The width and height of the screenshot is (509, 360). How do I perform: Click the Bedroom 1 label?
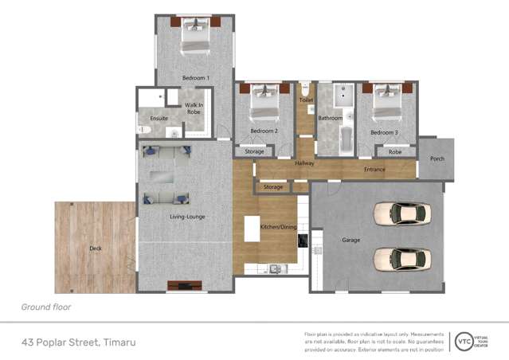coord(195,78)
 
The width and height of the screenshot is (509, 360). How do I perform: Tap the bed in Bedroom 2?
coord(264,103)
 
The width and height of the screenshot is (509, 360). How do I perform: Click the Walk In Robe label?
coord(194,109)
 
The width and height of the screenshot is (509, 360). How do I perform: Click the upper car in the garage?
coord(402,213)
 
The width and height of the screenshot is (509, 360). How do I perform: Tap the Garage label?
coord(350,240)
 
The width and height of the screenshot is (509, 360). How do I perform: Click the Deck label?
coord(96,248)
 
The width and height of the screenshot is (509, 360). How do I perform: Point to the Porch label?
coord(437,158)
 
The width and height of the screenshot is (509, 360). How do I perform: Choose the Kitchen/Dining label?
coord(277,228)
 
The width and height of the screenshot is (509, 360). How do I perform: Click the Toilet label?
coord(306,100)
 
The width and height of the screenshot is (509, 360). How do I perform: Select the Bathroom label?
coord(330,118)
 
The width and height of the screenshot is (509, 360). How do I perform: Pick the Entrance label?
coord(374,169)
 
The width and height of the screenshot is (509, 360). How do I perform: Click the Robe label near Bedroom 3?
coord(394,151)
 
